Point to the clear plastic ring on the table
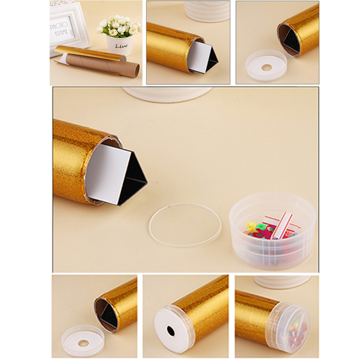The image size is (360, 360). [x=185, y=225]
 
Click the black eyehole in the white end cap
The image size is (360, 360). [x=171, y=330]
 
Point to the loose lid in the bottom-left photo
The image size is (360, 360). [x=83, y=340]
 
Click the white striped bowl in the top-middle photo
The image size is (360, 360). [x=207, y=11]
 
